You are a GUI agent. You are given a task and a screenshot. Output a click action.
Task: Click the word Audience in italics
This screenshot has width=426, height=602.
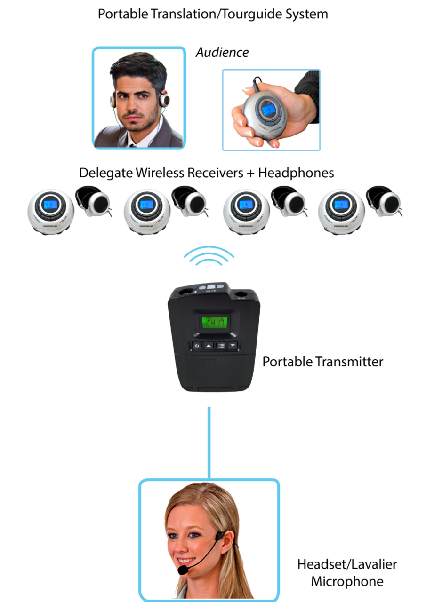(x=222, y=52)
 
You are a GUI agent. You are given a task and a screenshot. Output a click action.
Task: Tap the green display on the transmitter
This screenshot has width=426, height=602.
(x=215, y=323)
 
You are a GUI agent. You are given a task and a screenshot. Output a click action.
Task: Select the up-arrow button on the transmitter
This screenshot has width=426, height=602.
(x=209, y=345)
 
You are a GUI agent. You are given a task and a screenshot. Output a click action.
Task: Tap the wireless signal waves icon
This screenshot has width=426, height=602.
(x=209, y=257)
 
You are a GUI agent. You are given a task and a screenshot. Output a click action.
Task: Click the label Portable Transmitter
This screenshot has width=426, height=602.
(x=322, y=362)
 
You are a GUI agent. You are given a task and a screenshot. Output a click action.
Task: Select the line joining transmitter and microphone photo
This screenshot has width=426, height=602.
(x=209, y=442)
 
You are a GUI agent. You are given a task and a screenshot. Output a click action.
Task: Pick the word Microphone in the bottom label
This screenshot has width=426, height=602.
(x=347, y=581)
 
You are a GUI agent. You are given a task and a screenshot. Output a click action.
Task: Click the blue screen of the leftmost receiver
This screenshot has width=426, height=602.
(x=50, y=205)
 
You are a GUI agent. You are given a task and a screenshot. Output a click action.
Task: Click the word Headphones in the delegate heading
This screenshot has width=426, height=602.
(x=296, y=173)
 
